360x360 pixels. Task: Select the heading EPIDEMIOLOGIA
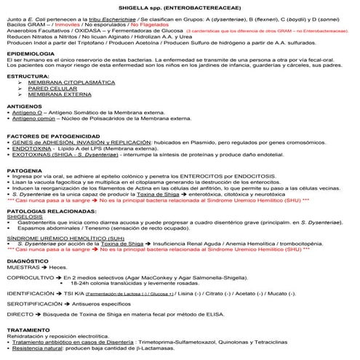31,55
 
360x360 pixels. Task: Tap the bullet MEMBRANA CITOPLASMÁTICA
67,84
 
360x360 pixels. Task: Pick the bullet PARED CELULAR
51,89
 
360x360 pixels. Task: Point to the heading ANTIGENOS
24,105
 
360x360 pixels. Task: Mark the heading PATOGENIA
24,169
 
